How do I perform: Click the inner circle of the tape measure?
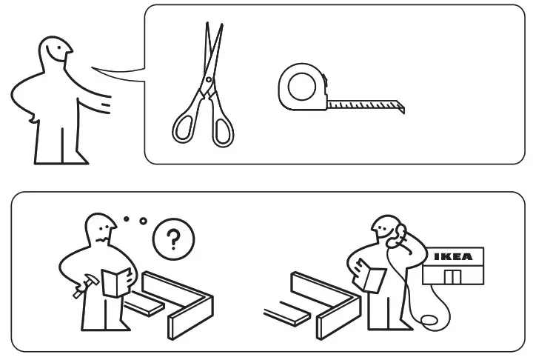pos(301,87)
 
